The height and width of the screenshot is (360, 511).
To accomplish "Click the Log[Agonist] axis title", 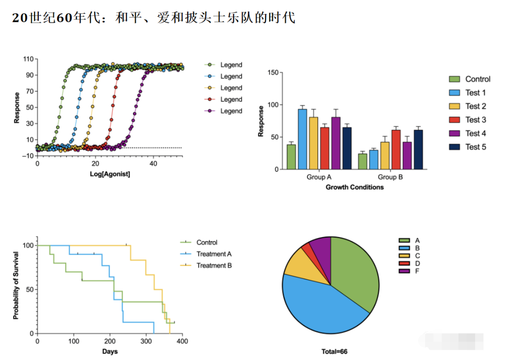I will (x=110, y=174).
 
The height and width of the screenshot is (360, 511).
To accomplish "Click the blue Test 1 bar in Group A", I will (x=302, y=139).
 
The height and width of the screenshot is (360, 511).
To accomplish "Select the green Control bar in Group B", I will (x=362, y=161).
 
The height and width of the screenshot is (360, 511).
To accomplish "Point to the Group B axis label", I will (x=390, y=177).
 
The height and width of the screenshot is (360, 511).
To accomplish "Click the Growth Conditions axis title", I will (x=354, y=187).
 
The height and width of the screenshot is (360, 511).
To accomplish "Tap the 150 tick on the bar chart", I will (x=273, y=72).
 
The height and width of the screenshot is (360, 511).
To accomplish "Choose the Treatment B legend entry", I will (x=214, y=265).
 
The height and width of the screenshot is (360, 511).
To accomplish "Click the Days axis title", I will (x=110, y=351).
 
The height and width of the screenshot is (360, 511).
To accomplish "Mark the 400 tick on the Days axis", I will (x=182, y=342).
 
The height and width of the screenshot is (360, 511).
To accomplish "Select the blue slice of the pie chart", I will (x=322, y=307).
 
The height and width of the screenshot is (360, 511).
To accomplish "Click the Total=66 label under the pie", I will (x=334, y=352).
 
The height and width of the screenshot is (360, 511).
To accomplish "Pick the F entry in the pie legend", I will (x=417, y=271).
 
